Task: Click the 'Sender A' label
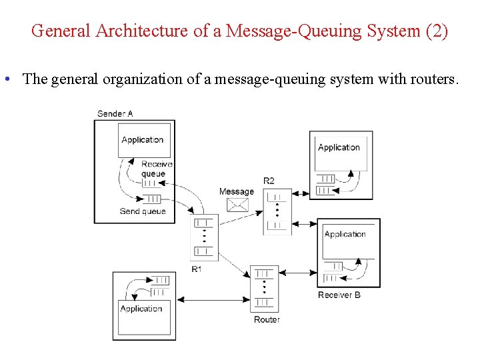115,113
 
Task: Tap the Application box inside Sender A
144,141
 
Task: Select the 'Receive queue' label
156,169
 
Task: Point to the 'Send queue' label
143,211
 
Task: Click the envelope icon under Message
237,205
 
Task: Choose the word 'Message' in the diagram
237,192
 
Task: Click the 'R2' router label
269,181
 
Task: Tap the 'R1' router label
197,269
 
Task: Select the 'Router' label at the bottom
267,320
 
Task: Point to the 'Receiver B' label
339,295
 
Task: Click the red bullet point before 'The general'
6,79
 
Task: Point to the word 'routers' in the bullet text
434,79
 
